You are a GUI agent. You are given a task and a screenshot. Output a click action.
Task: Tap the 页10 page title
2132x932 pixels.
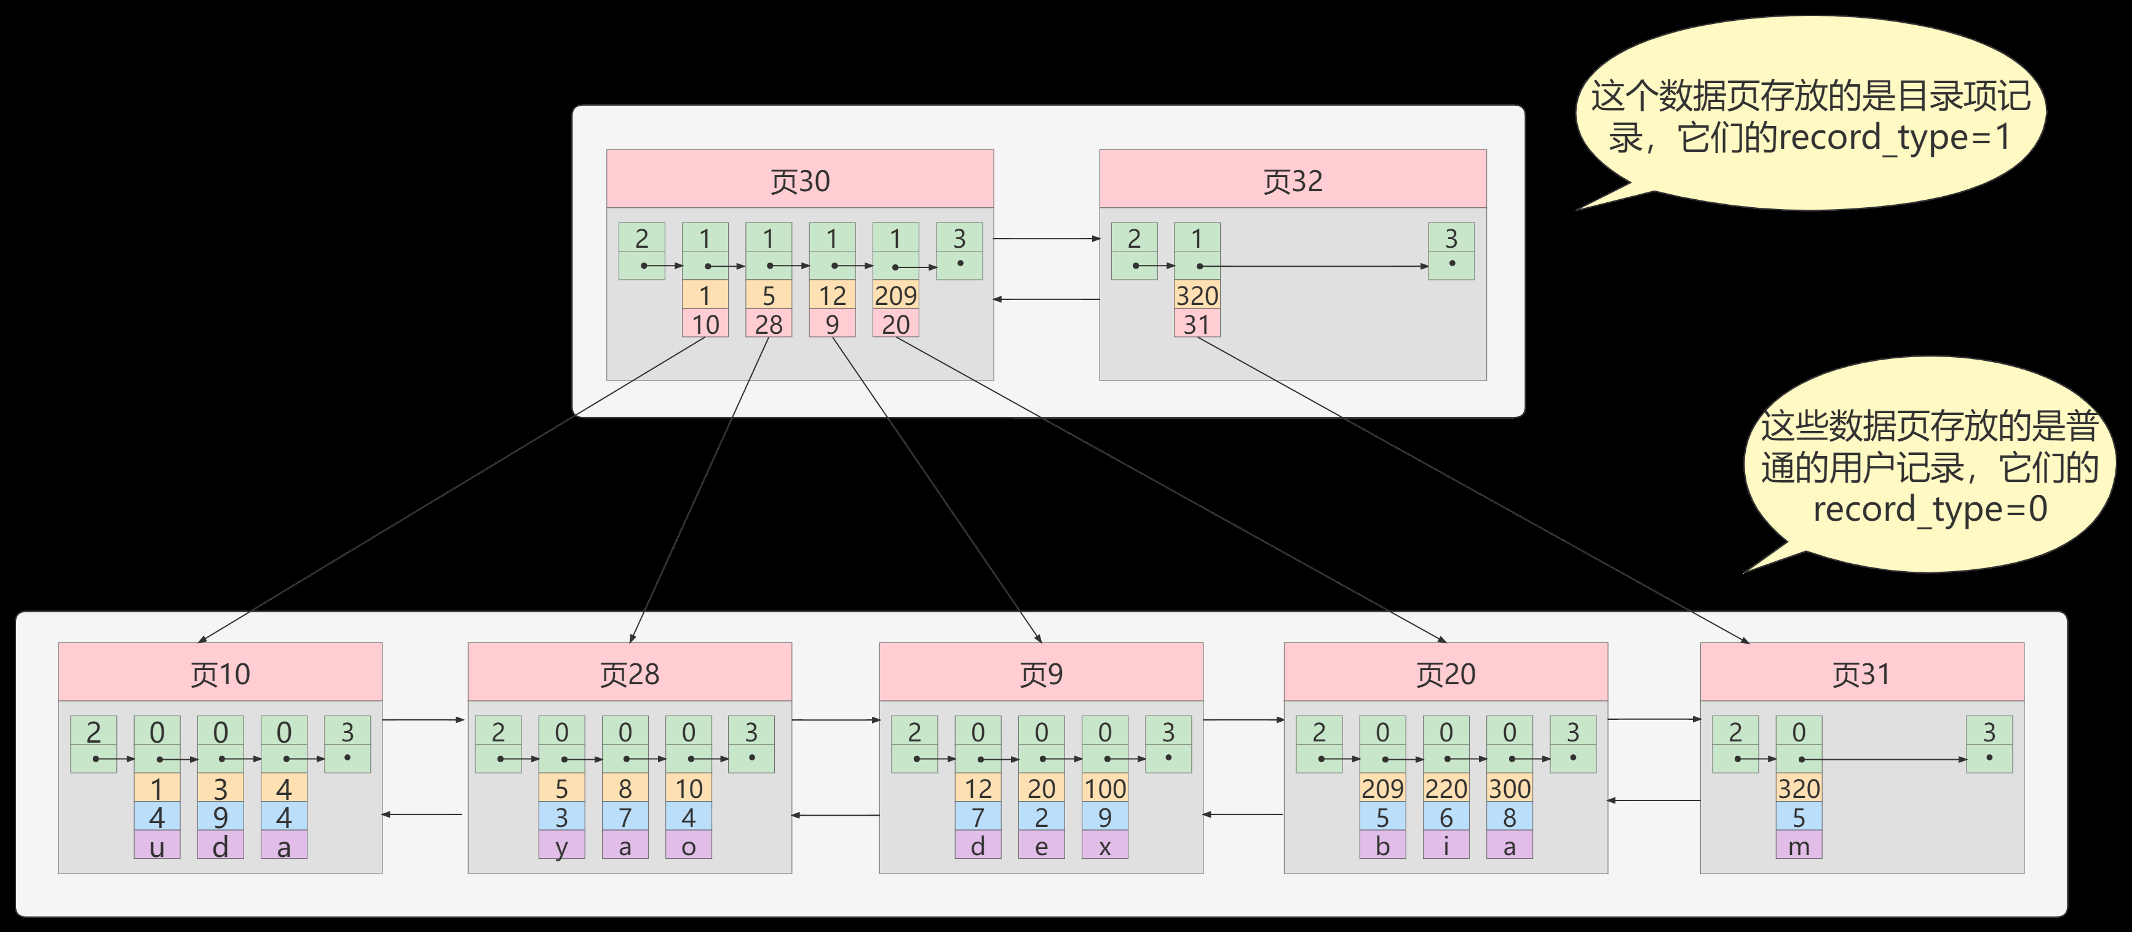click(220, 673)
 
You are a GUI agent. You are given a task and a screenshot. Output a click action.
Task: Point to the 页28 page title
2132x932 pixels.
click(629, 673)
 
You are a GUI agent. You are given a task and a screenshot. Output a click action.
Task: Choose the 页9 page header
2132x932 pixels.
click(1040, 673)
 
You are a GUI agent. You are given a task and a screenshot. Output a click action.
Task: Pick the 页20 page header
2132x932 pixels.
click(1445, 673)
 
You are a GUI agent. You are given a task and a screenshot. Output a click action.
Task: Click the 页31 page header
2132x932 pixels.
click(1861, 673)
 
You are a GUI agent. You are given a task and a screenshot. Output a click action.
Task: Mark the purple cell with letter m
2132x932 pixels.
click(1799, 846)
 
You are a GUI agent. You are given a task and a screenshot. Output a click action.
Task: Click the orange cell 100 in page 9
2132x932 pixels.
click(1105, 788)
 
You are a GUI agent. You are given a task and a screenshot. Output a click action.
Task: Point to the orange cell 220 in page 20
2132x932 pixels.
click(1446, 788)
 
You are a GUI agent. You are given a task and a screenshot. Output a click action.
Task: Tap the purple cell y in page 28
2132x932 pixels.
click(561, 846)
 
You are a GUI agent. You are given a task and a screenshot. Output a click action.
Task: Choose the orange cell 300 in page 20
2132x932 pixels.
click(1510, 788)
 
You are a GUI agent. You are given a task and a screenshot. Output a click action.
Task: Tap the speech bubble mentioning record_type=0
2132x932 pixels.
click(1928, 466)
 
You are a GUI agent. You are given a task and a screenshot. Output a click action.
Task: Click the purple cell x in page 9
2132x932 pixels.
click(1105, 846)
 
